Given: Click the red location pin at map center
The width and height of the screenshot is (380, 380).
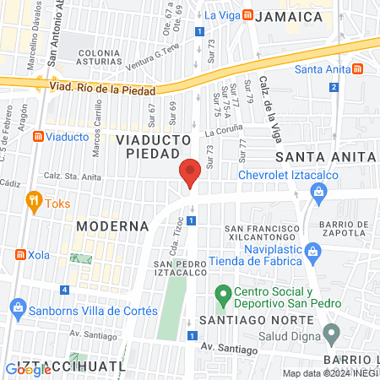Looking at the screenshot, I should tap(190, 174).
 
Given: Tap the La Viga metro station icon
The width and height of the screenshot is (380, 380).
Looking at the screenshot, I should tap(247, 15).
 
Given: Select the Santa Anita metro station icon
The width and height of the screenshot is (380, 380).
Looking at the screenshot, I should tap(359, 68).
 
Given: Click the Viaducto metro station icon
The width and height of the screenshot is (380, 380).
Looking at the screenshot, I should tap(37, 136).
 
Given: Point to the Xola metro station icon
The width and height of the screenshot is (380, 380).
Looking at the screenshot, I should tap(19, 254).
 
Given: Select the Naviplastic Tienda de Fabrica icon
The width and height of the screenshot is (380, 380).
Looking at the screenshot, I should tap(312, 251).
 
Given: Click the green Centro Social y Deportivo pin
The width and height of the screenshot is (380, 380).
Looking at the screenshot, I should tap(223, 296).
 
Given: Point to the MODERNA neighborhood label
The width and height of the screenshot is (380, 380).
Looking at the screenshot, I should tap(111, 226).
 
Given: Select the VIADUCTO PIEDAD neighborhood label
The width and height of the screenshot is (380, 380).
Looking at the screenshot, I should tap(148, 145).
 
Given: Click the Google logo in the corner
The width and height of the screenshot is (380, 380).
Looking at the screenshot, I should tap(28, 369).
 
